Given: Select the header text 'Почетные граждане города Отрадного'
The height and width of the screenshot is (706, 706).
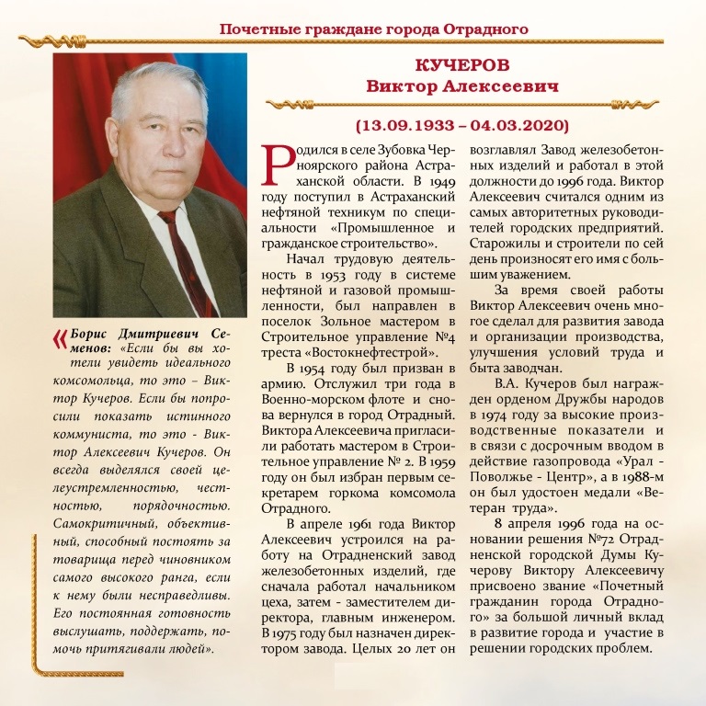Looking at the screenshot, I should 373,28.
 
